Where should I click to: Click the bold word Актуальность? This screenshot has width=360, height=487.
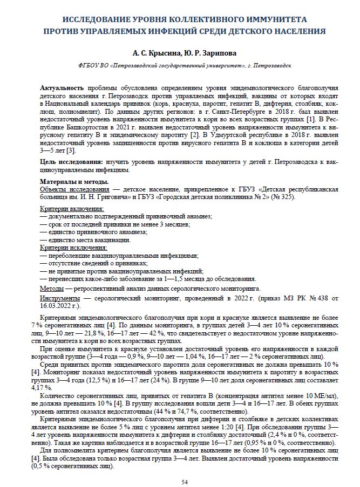tap(62, 87)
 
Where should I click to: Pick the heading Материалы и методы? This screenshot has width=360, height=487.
tap(74, 182)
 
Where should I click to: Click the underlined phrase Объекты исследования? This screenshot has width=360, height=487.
tap(73, 189)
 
